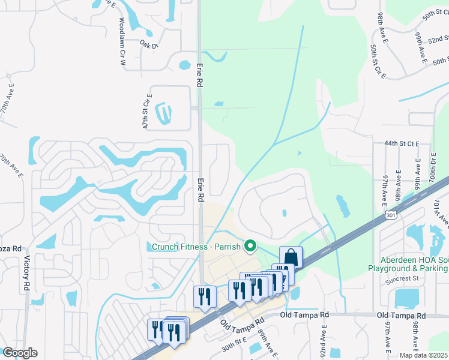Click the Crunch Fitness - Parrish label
pyautogui.click(x=194, y=247)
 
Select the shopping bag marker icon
pyautogui.click(x=291, y=257)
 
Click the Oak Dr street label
pyautogui.click(x=148, y=44)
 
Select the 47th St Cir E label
pyautogui.click(x=146, y=110)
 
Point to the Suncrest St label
pyautogui.click(x=403, y=279)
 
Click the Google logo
pyautogui.click(x=20, y=353)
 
